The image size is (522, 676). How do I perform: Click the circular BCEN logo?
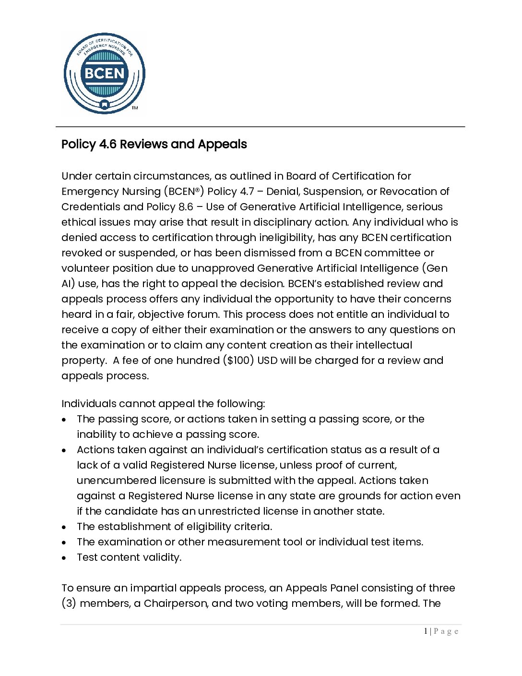coord(104,73)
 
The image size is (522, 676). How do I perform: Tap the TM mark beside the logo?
coord(135,108)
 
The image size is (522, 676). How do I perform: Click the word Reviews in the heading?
coord(143,144)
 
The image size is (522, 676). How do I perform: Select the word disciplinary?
coord(283,222)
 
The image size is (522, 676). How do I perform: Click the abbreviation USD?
coord(267,361)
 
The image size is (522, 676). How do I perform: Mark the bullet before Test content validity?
coord(64,558)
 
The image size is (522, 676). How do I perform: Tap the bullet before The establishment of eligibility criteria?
coord(64,527)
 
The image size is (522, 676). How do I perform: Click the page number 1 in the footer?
coord(426,631)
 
